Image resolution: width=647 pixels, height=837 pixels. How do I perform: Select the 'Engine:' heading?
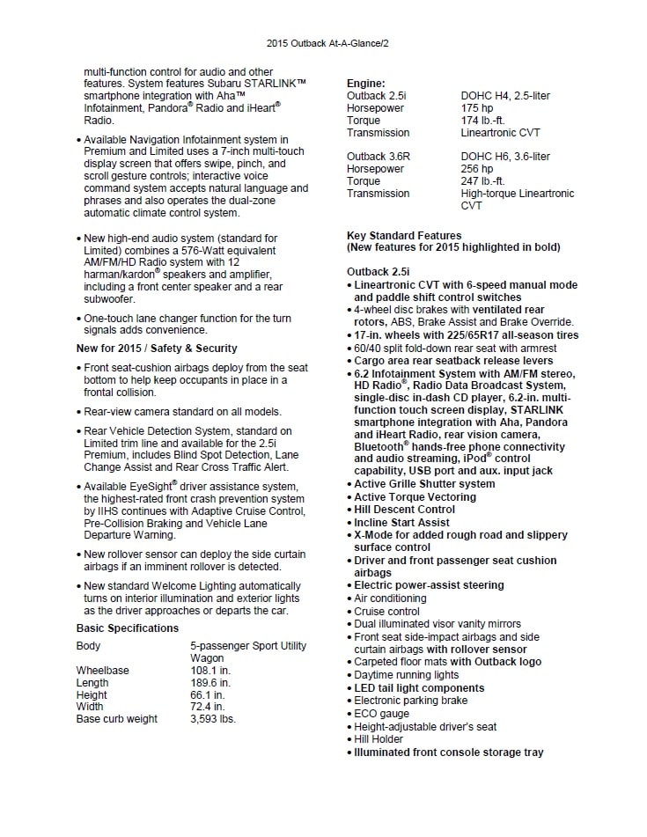(x=366, y=83)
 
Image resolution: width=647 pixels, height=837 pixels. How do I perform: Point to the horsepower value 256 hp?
(x=478, y=168)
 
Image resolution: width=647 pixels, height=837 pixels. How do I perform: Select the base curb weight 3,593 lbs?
(x=212, y=719)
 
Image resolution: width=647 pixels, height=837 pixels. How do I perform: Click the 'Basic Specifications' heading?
(x=128, y=628)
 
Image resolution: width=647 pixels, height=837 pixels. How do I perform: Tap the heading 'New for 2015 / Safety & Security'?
(x=157, y=349)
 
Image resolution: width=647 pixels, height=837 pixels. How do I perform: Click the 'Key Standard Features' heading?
(x=404, y=236)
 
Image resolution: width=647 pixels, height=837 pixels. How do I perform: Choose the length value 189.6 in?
(x=210, y=683)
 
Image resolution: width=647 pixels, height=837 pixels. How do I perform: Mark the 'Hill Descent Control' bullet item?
(x=404, y=510)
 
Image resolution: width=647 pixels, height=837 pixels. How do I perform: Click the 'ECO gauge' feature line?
(x=381, y=714)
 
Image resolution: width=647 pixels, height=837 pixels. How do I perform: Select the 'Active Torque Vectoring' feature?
(x=415, y=497)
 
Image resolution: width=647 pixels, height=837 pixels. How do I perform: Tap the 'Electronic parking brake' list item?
(x=410, y=701)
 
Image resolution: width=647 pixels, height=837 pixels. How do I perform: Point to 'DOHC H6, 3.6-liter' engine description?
(x=505, y=157)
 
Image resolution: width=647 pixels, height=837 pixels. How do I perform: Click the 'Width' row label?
(x=90, y=707)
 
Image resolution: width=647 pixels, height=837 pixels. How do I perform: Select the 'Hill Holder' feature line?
(x=379, y=739)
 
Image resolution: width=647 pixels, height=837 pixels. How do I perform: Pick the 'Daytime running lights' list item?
(x=406, y=675)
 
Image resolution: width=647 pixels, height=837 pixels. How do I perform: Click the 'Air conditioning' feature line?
(x=390, y=598)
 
